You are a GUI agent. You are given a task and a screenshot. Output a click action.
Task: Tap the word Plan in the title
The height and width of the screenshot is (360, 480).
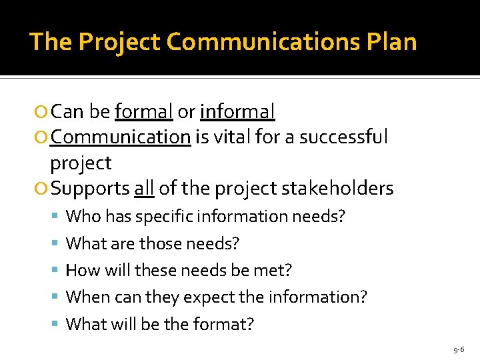click(391, 42)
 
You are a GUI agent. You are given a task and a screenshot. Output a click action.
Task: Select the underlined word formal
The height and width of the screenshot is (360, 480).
click(143, 111)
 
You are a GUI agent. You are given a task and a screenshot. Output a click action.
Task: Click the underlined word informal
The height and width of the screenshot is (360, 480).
click(237, 111)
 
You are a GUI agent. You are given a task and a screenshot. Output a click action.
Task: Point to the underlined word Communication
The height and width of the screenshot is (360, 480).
click(121, 137)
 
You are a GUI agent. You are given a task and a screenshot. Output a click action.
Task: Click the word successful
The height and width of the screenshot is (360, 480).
click(343, 137)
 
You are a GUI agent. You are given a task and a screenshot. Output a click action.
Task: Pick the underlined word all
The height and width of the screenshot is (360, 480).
click(144, 189)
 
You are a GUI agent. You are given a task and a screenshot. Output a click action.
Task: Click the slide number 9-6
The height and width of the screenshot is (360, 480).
click(459, 349)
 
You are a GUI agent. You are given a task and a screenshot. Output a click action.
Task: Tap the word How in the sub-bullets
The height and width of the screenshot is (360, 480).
click(81, 271)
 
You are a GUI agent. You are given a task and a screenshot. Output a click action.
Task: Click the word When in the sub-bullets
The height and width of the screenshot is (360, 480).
click(86, 297)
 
